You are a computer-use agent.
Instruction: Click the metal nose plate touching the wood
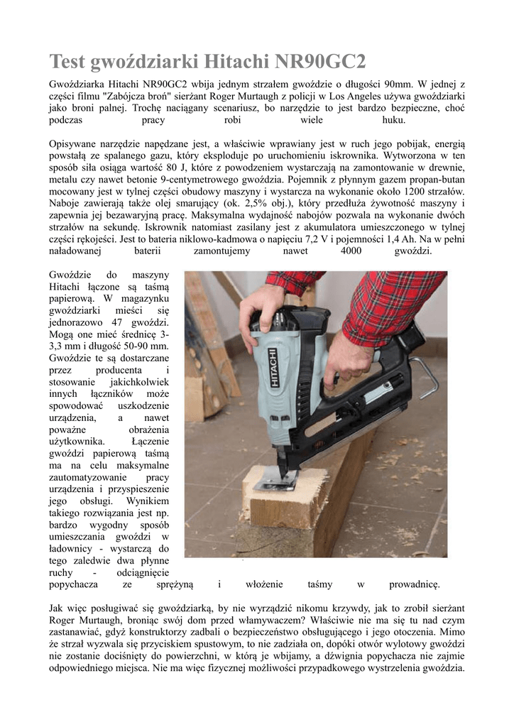[275, 483]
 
